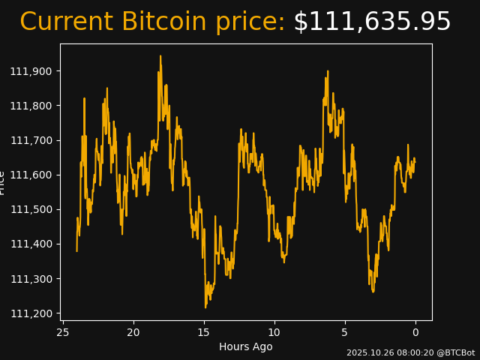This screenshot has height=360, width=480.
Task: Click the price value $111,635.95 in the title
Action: [372, 22]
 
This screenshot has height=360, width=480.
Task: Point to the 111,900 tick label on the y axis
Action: [31, 71]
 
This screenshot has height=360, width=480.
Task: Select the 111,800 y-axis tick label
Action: [31, 106]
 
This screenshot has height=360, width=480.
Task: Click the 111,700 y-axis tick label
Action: [31, 140]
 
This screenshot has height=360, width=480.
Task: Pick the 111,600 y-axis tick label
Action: [31, 175]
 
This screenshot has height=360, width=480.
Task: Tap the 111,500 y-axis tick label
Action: [31, 209]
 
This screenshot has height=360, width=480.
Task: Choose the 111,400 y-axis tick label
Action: [31, 244]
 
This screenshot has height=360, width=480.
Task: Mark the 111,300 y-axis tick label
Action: [31, 278]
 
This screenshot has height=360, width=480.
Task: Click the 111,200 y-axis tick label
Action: [31, 313]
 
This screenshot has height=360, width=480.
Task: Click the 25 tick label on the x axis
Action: [63, 332]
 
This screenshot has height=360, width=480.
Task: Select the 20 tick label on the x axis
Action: [133, 332]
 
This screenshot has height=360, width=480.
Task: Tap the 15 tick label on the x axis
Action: [204, 332]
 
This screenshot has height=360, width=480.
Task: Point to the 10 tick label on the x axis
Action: [274, 332]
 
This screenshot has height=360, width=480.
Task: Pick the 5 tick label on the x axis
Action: [345, 332]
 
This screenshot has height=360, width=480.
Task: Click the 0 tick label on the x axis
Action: [415, 332]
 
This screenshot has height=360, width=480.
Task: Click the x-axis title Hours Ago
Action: [245, 346]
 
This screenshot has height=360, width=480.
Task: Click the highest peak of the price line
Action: [160, 56]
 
